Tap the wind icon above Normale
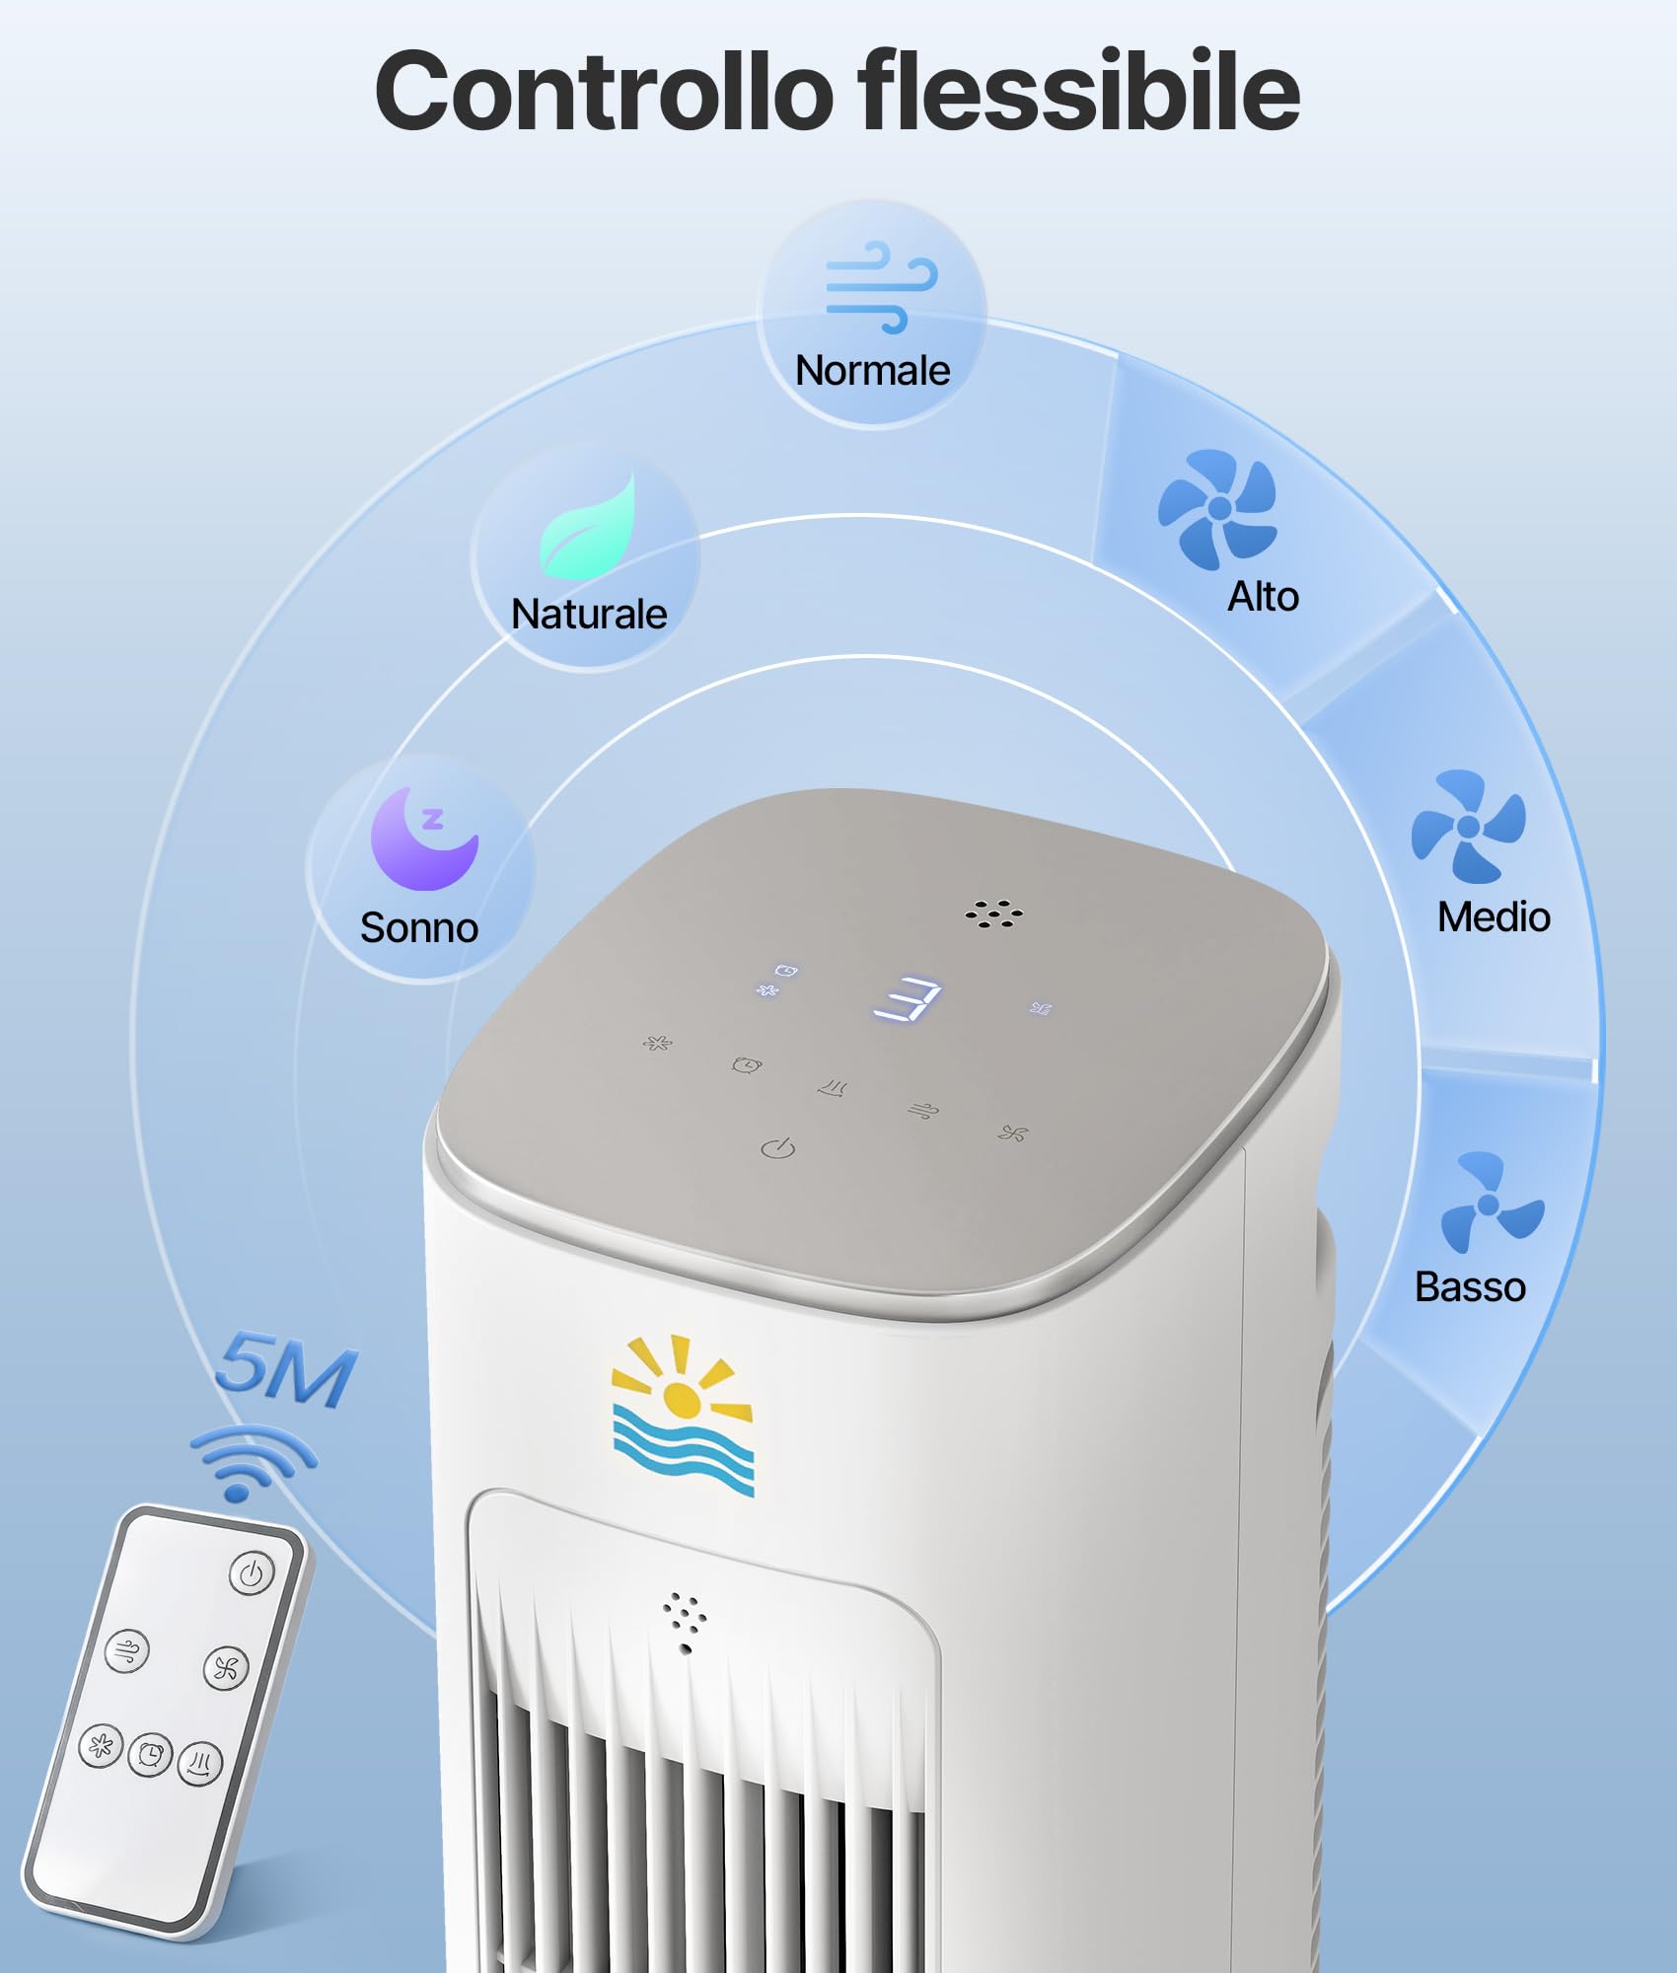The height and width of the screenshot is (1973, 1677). pyautogui.click(x=881, y=286)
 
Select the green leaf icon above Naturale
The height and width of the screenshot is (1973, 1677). pyautogui.click(x=588, y=526)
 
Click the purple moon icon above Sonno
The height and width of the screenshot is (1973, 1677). pyautogui.click(x=424, y=838)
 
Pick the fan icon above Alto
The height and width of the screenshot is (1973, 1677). pyautogui.click(x=1217, y=509)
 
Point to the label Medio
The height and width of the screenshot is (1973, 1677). pyautogui.click(x=1494, y=917)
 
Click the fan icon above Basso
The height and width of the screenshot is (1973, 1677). pyautogui.click(x=1492, y=1202)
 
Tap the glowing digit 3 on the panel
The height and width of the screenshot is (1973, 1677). pyautogui.click(x=908, y=999)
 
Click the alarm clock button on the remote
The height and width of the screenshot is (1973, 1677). pyautogui.click(x=150, y=1754)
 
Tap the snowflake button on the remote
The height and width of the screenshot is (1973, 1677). pyautogui.click(x=101, y=1746)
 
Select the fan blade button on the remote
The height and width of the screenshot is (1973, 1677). pyautogui.click(x=226, y=1668)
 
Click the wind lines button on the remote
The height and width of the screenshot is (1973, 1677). pyautogui.click(x=127, y=1649)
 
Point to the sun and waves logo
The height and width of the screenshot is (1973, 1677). pyautogui.click(x=683, y=1415)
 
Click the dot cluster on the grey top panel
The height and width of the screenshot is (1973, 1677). pyautogui.click(x=993, y=913)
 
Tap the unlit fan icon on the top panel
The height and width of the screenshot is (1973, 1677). pyautogui.click(x=1012, y=1133)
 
